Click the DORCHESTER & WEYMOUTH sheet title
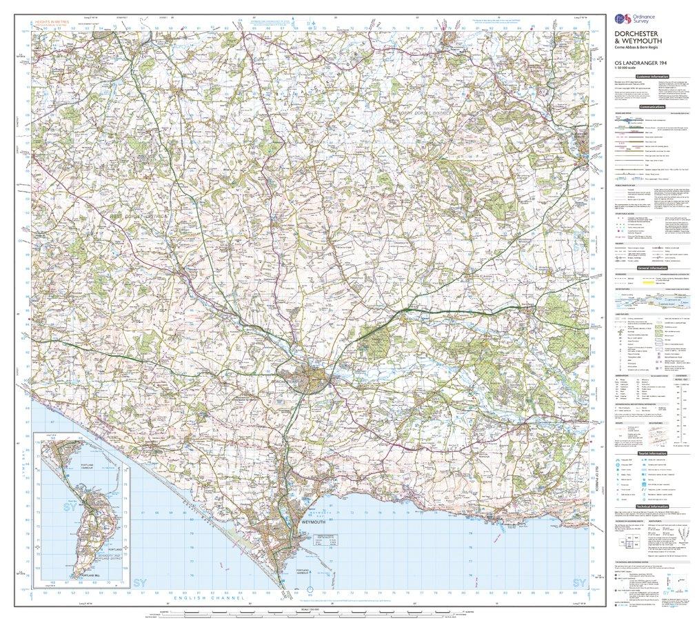pyautogui.click(x=640, y=42)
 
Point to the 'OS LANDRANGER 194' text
pyautogui.click(x=640, y=63)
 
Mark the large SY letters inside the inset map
pyautogui.click(x=50, y=506)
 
